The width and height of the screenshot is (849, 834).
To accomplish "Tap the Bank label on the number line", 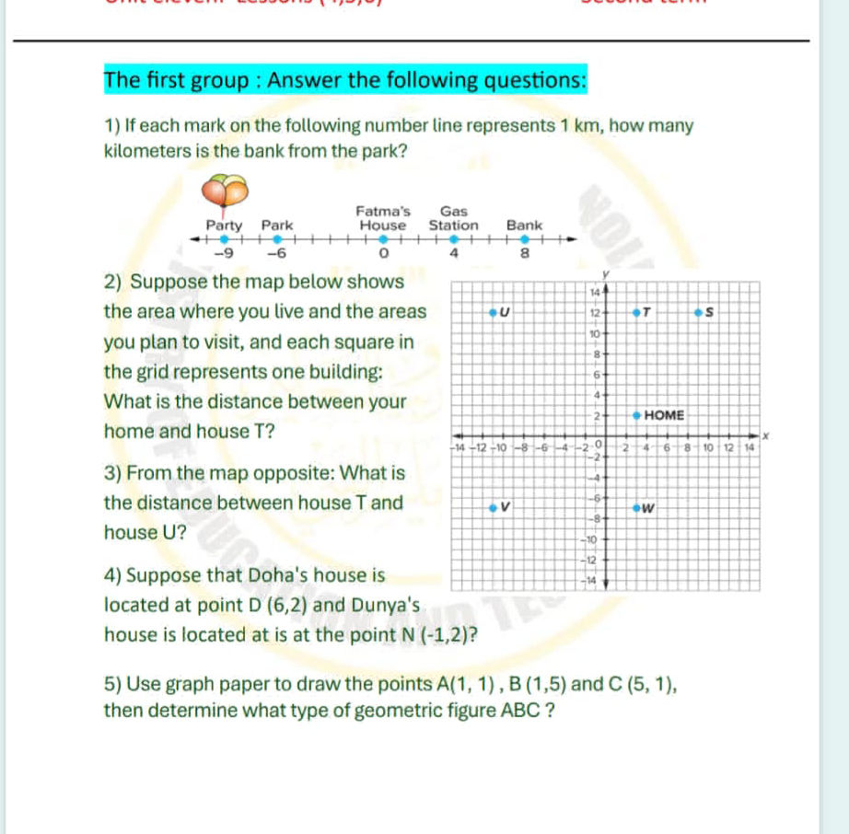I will tap(524, 225).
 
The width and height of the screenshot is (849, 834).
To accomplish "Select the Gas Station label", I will tap(454, 218).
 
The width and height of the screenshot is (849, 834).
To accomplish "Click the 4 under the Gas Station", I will tap(453, 254).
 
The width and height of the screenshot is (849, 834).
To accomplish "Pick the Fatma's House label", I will tap(383, 218).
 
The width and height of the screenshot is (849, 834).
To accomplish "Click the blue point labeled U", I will tap(492, 313).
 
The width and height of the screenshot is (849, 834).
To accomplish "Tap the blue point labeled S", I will tap(699, 313).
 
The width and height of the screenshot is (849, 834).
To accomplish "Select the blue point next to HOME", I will tap(636, 415).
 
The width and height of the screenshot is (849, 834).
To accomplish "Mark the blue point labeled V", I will tap(492, 506).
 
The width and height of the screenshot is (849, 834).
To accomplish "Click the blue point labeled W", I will tap(636, 507).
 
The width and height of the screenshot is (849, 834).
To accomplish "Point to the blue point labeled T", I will tap(636, 313).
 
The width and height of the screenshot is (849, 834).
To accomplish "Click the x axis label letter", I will tap(763, 433).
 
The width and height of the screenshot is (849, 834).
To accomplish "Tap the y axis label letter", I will tap(606, 273).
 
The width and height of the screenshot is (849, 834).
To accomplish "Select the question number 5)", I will tap(114, 685).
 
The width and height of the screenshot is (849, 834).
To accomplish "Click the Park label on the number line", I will tap(277, 225).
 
